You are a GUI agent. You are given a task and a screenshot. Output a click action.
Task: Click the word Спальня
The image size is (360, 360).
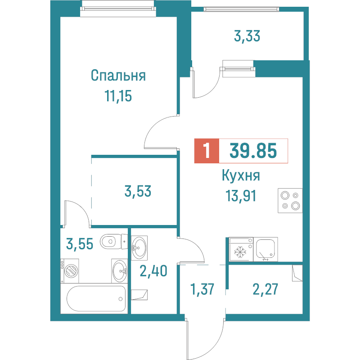click(118, 75)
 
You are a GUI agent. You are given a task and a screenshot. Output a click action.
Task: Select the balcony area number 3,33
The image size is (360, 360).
click(247, 36)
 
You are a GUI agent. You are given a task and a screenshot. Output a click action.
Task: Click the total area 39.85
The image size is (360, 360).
click(253, 151)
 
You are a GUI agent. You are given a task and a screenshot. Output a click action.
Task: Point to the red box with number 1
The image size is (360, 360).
click(206, 151)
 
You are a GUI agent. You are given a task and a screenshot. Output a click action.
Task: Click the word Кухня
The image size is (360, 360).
click(241, 176)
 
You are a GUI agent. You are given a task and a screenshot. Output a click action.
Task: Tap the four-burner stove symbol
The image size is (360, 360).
click(290, 201)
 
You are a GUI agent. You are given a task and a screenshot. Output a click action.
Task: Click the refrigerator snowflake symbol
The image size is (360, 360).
click(239, 250)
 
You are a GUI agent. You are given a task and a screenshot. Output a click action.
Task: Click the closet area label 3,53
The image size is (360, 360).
click(138, 192)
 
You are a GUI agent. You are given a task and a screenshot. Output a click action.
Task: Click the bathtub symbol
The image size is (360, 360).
click(95, 297)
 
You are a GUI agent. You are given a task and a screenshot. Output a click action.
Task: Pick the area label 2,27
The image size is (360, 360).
click(265, 288)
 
